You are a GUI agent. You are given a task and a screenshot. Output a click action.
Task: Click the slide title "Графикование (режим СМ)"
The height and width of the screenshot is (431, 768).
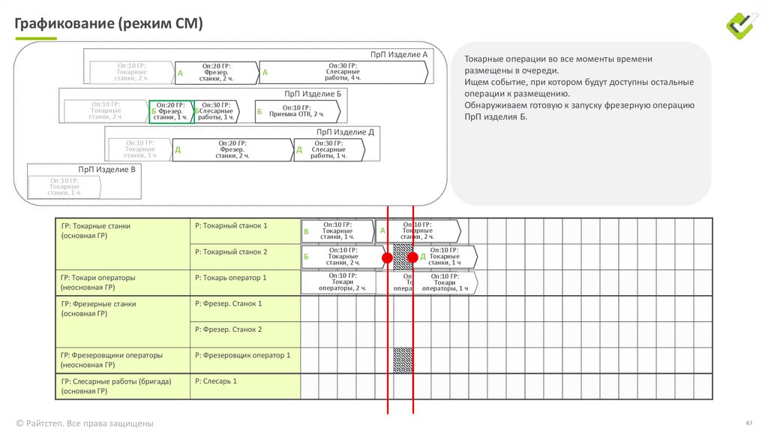tap(109, 23)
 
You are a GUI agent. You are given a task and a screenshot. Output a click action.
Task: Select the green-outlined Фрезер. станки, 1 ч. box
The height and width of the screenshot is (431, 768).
tap(171, 111)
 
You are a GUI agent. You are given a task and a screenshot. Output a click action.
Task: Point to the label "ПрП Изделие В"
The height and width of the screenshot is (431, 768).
tap(107, 170)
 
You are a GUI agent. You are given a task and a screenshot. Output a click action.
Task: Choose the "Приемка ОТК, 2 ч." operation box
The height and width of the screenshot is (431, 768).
tap(298, 111)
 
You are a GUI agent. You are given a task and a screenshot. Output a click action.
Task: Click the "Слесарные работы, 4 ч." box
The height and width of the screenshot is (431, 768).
tap(344, 72)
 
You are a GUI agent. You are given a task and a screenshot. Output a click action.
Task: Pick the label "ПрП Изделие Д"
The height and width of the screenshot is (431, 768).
tap(345, 132)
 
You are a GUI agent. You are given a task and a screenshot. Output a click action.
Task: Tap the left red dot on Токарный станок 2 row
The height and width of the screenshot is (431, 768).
tap(387, 258)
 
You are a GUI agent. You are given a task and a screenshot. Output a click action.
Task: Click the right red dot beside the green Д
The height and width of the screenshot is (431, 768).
tap(413, 258)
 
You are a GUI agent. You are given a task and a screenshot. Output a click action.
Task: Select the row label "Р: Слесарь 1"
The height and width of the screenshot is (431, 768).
tap(216, 381)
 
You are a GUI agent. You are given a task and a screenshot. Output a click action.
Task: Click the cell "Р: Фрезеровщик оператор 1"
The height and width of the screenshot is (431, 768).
tap(242, 355)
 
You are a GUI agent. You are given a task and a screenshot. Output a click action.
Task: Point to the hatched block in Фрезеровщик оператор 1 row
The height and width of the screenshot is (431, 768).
tap(403, 359)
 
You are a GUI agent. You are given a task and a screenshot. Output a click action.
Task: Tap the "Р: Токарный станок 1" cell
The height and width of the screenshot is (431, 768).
tap(231, 225)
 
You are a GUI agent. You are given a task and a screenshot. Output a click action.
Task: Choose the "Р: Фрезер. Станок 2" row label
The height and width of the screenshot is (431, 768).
tap(229, 330)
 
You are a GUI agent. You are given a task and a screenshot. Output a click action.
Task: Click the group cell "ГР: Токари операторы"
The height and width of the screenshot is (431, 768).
tap(98, 278)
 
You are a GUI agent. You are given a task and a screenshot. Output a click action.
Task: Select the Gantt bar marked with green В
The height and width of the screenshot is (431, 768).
tap(338, 231)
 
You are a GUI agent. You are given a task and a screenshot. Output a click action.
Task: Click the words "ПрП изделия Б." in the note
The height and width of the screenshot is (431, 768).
tap(496, 117)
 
